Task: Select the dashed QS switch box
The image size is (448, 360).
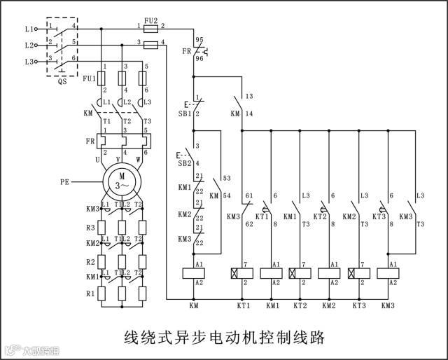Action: coord(61,46)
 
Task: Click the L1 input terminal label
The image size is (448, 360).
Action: coord(29,29)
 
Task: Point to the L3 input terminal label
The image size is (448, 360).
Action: coord(29,62)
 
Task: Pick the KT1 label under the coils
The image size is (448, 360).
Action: coord(243,306)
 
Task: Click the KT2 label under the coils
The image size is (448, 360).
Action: coord(301,306)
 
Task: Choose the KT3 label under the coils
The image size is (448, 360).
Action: coord(359,306)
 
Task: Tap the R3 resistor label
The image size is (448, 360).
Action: coord(90,228)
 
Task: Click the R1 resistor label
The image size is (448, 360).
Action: coord(90,294)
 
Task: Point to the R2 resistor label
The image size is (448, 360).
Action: coord(90,261)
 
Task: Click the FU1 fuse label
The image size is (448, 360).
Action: coord(89,78)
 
